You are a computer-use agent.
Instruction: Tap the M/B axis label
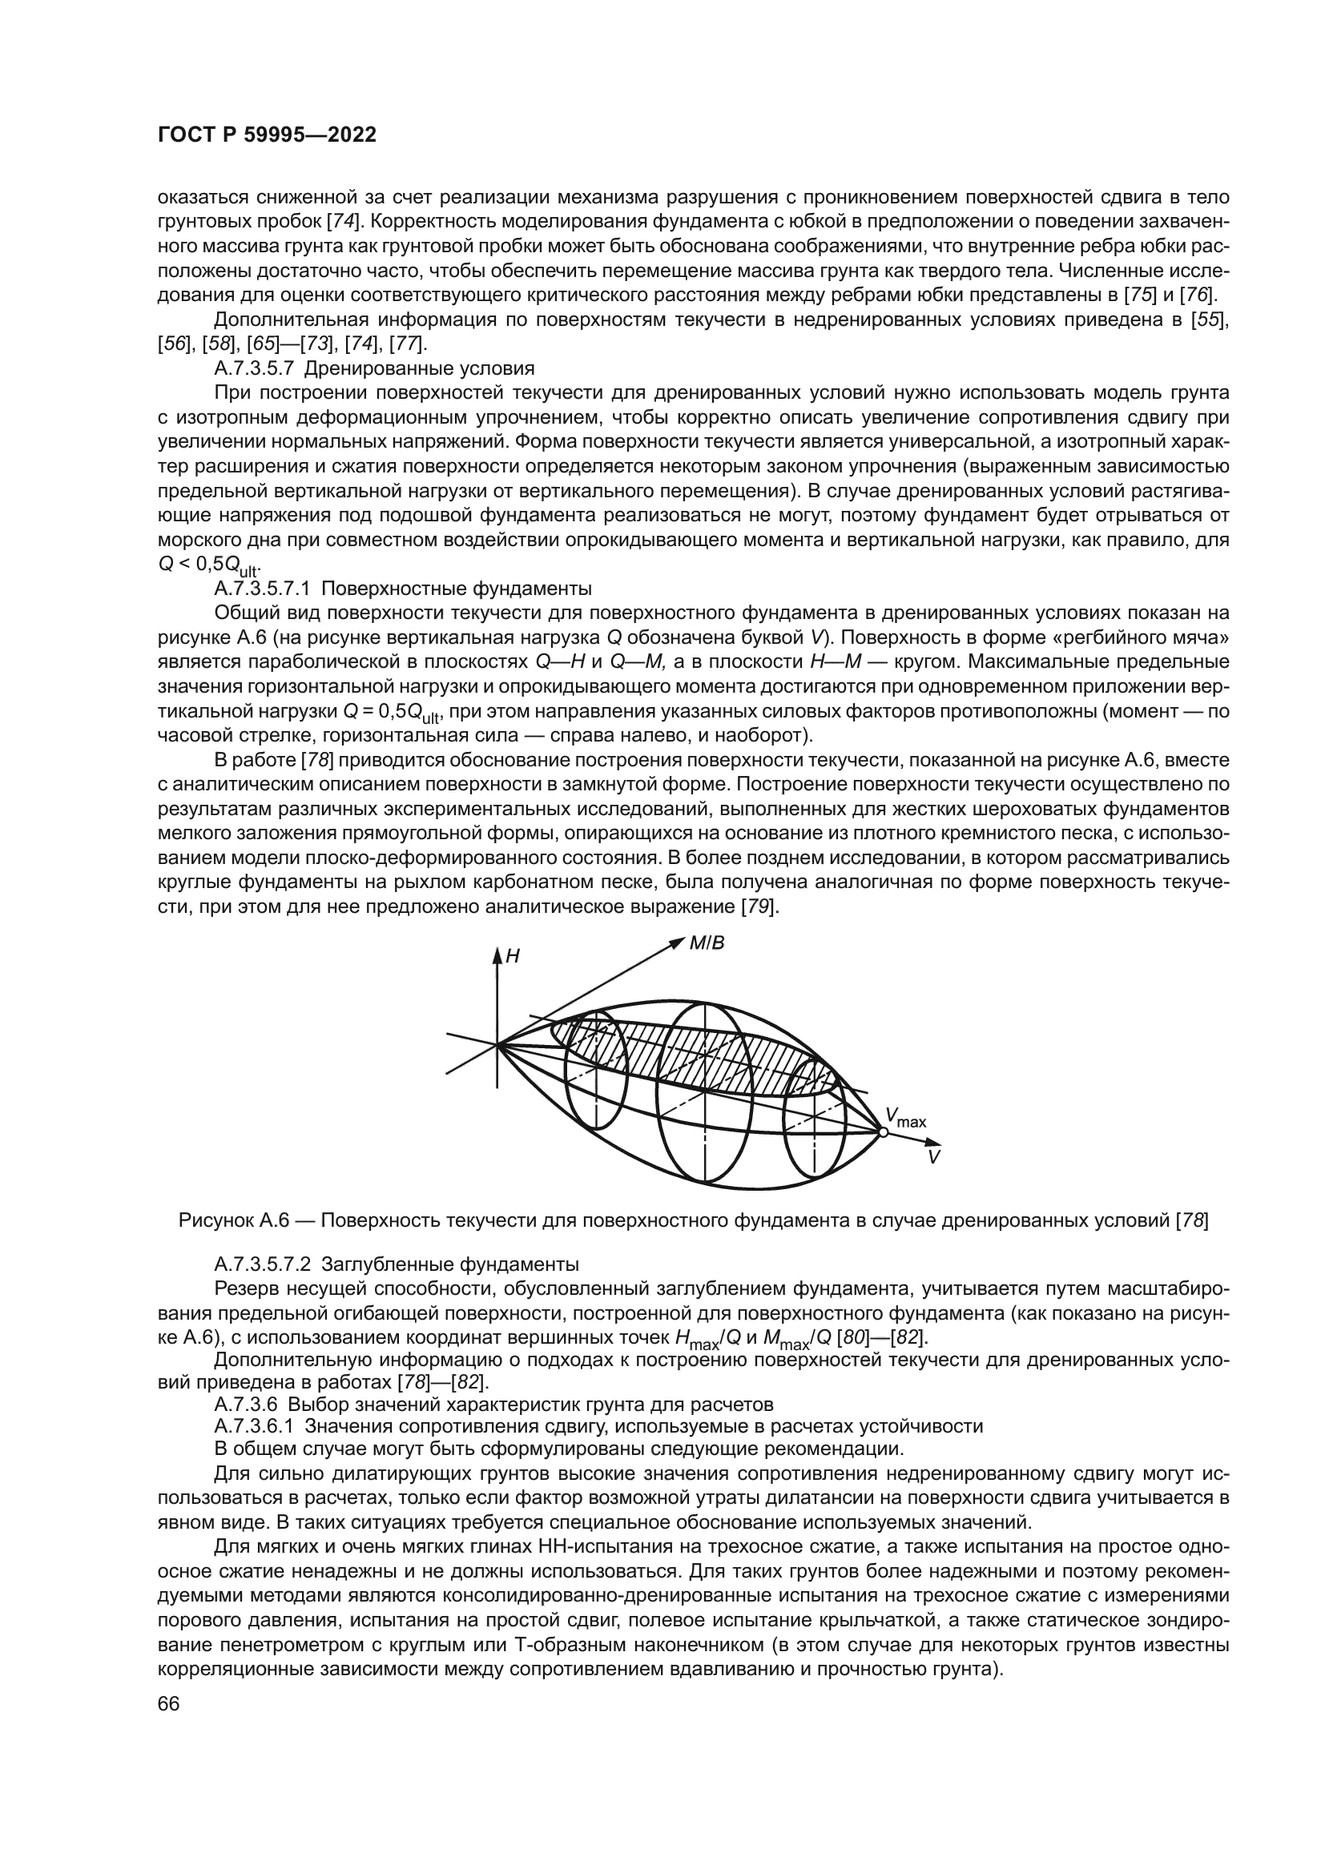coord(707,944)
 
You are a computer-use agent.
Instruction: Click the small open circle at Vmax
coord(882,1131)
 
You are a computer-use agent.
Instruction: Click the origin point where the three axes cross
coord(496,1043)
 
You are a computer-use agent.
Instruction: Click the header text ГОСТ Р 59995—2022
coord(267,135)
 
